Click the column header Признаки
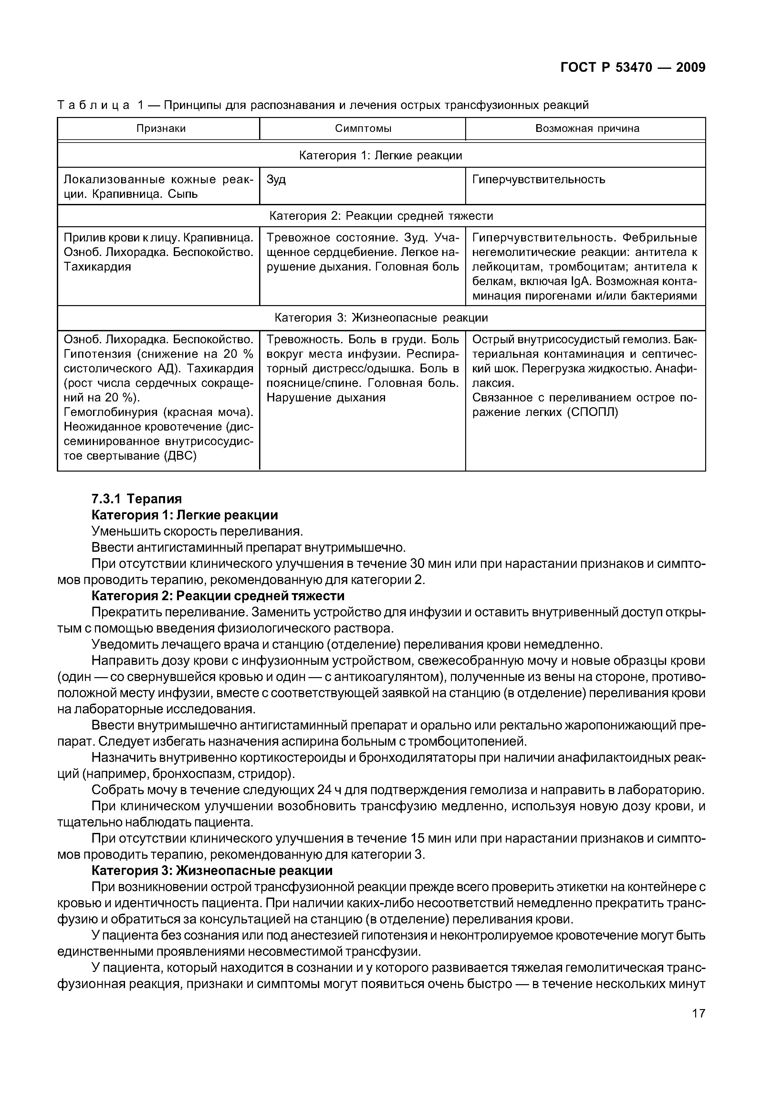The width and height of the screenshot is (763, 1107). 161,128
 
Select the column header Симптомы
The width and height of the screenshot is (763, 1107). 363,128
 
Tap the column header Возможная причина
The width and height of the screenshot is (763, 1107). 587,128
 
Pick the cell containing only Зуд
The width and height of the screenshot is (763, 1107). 276,180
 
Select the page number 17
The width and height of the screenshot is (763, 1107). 698,1027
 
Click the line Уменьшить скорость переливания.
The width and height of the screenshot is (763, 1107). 197,531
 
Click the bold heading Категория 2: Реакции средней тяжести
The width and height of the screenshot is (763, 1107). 217,596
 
